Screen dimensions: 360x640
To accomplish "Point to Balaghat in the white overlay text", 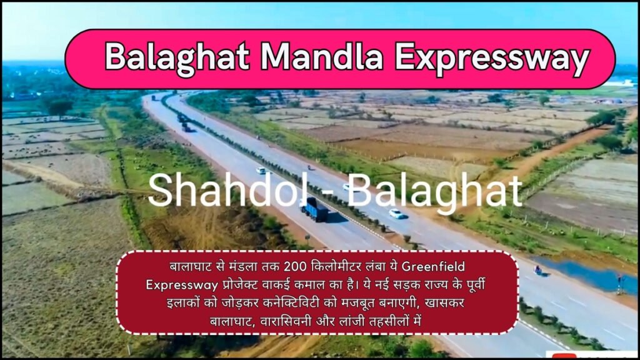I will [x=434, y=190].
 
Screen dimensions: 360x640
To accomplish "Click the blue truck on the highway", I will [x=314, y=209].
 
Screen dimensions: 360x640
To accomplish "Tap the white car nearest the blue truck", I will [x=396, y=214].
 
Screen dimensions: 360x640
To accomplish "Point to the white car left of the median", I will [x=261, y=170].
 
